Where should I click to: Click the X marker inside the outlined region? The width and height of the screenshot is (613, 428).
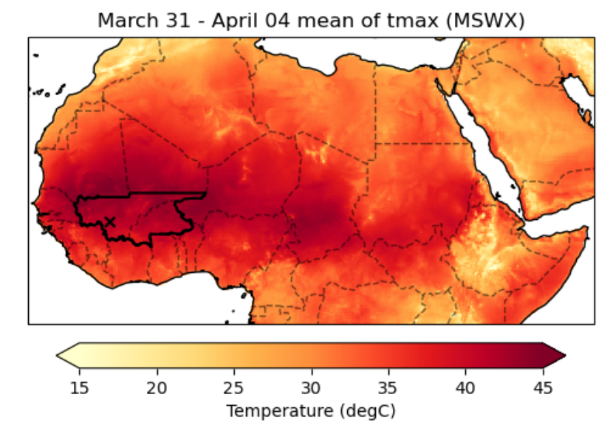click(110, 221)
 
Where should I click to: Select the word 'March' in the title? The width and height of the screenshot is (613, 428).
click(123, 21)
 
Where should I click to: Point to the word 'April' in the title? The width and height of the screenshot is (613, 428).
click(236, 21)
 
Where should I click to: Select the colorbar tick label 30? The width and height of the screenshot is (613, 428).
click(311, 388)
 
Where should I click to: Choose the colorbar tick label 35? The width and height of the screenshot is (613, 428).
click(388, 388)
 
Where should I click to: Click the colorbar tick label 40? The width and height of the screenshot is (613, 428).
click(466, 388)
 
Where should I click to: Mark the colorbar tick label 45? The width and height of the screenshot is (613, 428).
click(543, 388)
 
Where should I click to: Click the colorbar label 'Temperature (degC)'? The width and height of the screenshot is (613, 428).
click(310, 410)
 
